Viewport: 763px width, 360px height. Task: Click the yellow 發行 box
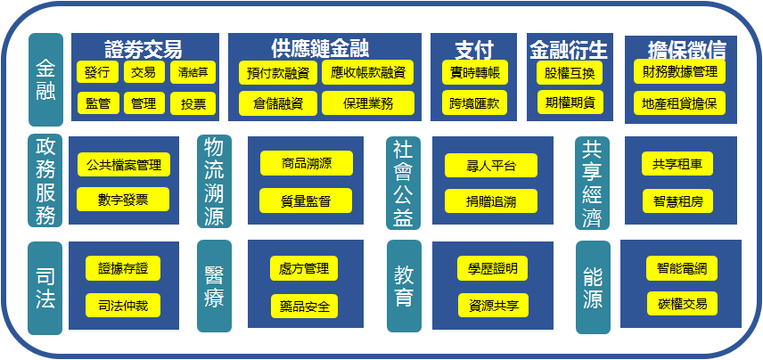[x=97, y=72]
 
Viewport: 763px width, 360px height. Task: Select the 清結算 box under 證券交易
[x=193, y=72]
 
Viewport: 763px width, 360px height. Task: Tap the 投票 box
[x=193, y=103]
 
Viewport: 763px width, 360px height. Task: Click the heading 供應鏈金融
[x=320, y=48]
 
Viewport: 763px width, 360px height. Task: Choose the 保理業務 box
[x=368, y=103]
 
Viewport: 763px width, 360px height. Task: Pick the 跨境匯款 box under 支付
[x=474, y=102]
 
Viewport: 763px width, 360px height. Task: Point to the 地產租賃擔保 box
[x=679, y=103]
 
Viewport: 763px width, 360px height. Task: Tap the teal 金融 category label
[x=45, y=80]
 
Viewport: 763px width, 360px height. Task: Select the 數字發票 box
[x=123, y=200]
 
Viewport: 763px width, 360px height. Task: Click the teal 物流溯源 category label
[x=214, y=182]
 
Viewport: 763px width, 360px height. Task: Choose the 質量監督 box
[x=306, y=200]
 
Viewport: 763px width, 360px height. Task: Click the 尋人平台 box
[x=491, y=166]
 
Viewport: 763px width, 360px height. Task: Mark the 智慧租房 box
[x=677, y=200]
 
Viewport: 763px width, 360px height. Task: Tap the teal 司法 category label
[x=45, y=288]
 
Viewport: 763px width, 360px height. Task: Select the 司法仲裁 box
[x=123, y=306]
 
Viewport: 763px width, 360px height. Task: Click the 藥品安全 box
[x=304, y=306]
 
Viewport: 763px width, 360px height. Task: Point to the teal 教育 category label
[x=404, y=286]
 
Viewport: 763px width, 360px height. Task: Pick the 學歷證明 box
[x=492, y=268]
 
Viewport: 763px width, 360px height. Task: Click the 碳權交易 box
[x=682, y=304]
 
